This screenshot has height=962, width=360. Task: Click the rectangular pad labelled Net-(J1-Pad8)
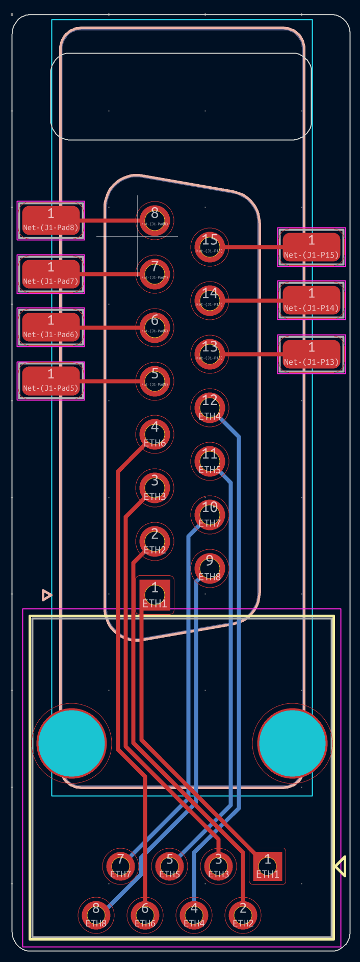tap(51, 220)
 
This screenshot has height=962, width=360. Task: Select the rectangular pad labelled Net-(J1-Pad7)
tap(51, 274)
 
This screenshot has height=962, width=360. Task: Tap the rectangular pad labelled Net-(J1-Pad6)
tap(51, 327)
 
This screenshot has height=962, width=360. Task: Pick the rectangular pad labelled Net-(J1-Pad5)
tap(51, 381)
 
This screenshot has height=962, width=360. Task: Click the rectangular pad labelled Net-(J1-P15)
tap(312, 247)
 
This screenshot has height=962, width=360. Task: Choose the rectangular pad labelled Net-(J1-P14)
tap(312, 300)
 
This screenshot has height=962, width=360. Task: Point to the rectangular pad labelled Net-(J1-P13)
tap(312, 354)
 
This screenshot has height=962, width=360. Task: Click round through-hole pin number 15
tap(210, 247)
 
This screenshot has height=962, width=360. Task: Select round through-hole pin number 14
tap(210, 300)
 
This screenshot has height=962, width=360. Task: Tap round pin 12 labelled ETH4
tap(210, 408)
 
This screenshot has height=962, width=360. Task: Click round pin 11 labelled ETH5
tap(210, 461)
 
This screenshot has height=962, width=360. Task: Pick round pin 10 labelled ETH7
tap(210, 515)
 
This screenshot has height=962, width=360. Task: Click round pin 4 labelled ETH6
tap(155, 434)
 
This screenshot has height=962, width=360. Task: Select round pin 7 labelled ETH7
tap(120, 866)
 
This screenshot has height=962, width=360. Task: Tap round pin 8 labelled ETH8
tap(96, 915)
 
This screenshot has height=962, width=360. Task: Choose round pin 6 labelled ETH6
tap(145, 915)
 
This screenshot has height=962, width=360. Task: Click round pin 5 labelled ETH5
tap(169, 866)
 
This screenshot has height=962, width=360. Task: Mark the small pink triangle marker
tap(46, 595)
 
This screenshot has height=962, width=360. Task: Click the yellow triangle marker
tap(341, 866)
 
